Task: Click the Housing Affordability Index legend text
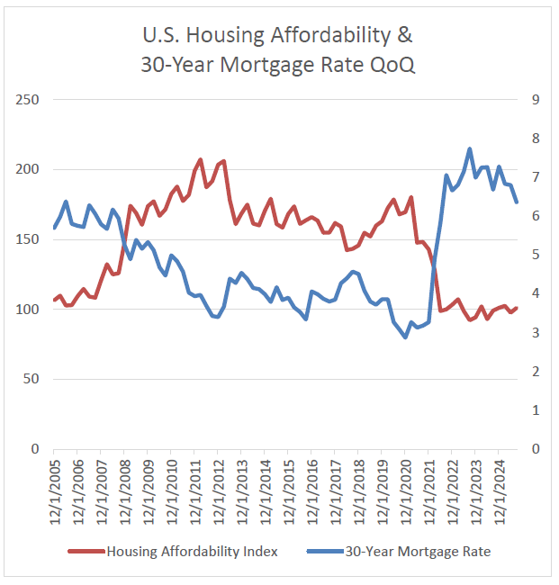[x=192, y=552]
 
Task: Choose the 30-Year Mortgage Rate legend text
[x=418, y=552]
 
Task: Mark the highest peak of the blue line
[x=470, y=149]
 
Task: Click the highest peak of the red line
[x=200, y=160]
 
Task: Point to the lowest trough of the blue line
[x=405, y=337]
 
